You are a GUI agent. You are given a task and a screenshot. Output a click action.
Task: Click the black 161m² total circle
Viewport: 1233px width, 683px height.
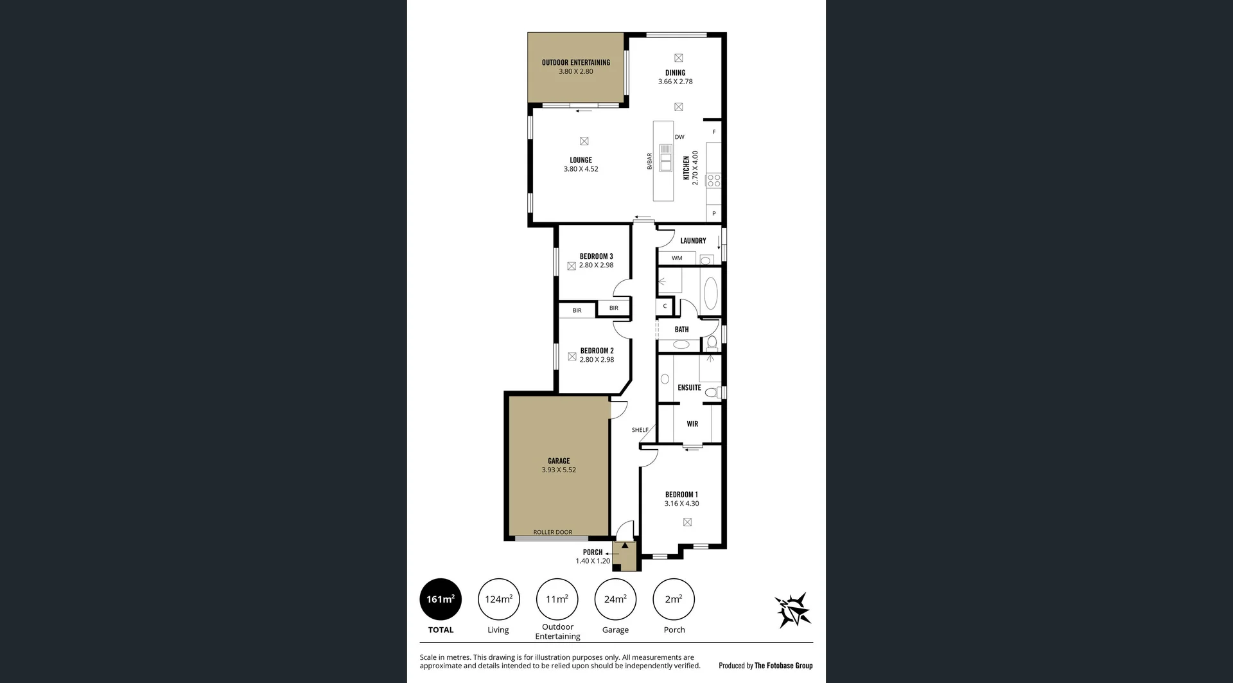pyautogui.click(x=441, y=599)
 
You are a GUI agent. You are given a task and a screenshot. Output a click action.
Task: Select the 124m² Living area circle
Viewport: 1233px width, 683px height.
pyautogui.click(x=498, y=599)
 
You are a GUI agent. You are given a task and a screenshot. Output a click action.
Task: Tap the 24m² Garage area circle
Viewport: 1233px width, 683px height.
pyautogui.click(x=615, y=599)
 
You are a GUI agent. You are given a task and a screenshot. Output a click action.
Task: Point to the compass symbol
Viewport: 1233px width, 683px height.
pyautogui.click(x=794, y=610)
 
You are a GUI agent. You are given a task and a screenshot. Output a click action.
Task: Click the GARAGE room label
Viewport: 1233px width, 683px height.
pyautogui.click(x=559, y=461)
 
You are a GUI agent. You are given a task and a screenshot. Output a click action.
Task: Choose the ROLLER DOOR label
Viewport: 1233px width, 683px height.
pyautogui.click(x=552, y=532)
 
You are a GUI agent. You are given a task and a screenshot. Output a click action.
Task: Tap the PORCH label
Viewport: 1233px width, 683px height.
pyautogui.click(x=593, y=552)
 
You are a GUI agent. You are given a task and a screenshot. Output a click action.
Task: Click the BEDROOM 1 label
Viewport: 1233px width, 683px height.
pyautogui.click(x=681, y=495)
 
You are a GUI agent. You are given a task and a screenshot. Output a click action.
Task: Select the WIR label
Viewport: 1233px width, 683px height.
pyautogui.click(x=692, y=424)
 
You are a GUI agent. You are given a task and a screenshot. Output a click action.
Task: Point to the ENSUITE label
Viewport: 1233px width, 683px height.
pyautogui.click(x=689, y=387)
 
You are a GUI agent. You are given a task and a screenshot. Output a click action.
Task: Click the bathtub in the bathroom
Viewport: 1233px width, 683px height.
pyautogui.click(x=711, y=294)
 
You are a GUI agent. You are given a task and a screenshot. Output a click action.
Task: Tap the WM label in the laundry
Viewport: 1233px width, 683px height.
pyautogui.click(x=677, y=258)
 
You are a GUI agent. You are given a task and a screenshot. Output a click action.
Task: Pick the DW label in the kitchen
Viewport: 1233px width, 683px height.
pyautogui.click(x=679, y=137)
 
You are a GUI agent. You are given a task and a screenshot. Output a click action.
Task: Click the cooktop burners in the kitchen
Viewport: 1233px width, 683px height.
pyautogui.click(x=713, y=181)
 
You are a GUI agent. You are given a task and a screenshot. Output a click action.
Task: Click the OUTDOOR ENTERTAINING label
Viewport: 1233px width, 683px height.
pyautogui.click(x=576, y=62)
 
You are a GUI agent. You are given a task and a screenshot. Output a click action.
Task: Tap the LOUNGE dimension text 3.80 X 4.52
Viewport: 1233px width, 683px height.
pyautogui.click(x=581, y=170)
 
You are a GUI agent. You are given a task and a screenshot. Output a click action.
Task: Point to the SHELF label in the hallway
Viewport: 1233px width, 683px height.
pyautogui.click(x=640, y=430)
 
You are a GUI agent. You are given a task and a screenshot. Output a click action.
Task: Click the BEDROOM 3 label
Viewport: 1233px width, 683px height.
pyautogui.click(x=596, y=256)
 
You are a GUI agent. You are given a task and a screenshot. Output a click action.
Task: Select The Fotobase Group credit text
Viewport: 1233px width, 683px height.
pyautogui.click(x=783, y=666)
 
